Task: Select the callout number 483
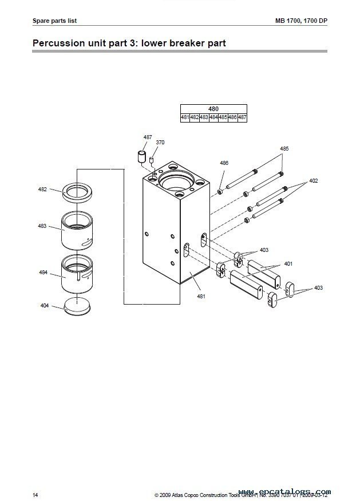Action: pyautogui.click(x=43, y=226)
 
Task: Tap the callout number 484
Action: pyautogui.click(x=43, y=273)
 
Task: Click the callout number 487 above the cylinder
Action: pyautogui.click(x=148, y=137)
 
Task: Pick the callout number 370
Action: pyautogui.click(x=160, y=142)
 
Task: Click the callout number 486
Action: pyautogui.click(x=224, y=163)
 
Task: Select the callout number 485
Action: pyautogui.click(x=284, y=148)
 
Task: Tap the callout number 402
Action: pyautogui.click(x=313, y=180)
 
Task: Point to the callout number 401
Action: pyautogui.click(x=288, y=264)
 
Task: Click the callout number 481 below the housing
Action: pyautogui.click(x=201, y=296)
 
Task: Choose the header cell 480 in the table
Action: pyautogui.click(x=213, y=109)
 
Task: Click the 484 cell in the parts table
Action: pyautogui.click(x=213, y=117)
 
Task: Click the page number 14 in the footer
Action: pyautogui.click(x=35, y=493)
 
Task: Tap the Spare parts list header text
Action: pyautogui.click(x=55, y=21)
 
